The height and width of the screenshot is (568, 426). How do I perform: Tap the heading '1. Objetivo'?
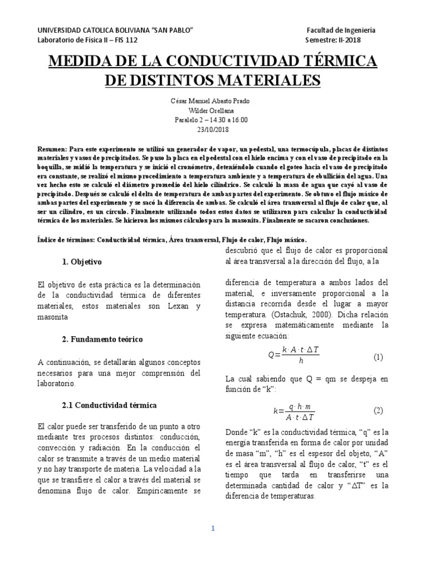coord(82,261)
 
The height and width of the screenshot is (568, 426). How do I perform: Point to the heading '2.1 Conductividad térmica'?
coord(110,405)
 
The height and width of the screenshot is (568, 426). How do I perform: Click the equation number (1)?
coord(378,357)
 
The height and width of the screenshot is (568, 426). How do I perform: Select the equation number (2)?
coord(378,411)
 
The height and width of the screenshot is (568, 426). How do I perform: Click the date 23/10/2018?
coord(213,130)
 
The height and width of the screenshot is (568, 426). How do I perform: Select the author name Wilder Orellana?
coord(213,110)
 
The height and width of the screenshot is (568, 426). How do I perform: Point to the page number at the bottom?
coord(213,529)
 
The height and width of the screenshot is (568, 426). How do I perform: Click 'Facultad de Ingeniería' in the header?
coord(341,30)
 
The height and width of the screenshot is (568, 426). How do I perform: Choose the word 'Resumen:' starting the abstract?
coord(52,150)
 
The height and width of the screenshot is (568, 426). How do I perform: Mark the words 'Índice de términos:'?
coord(70,240)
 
